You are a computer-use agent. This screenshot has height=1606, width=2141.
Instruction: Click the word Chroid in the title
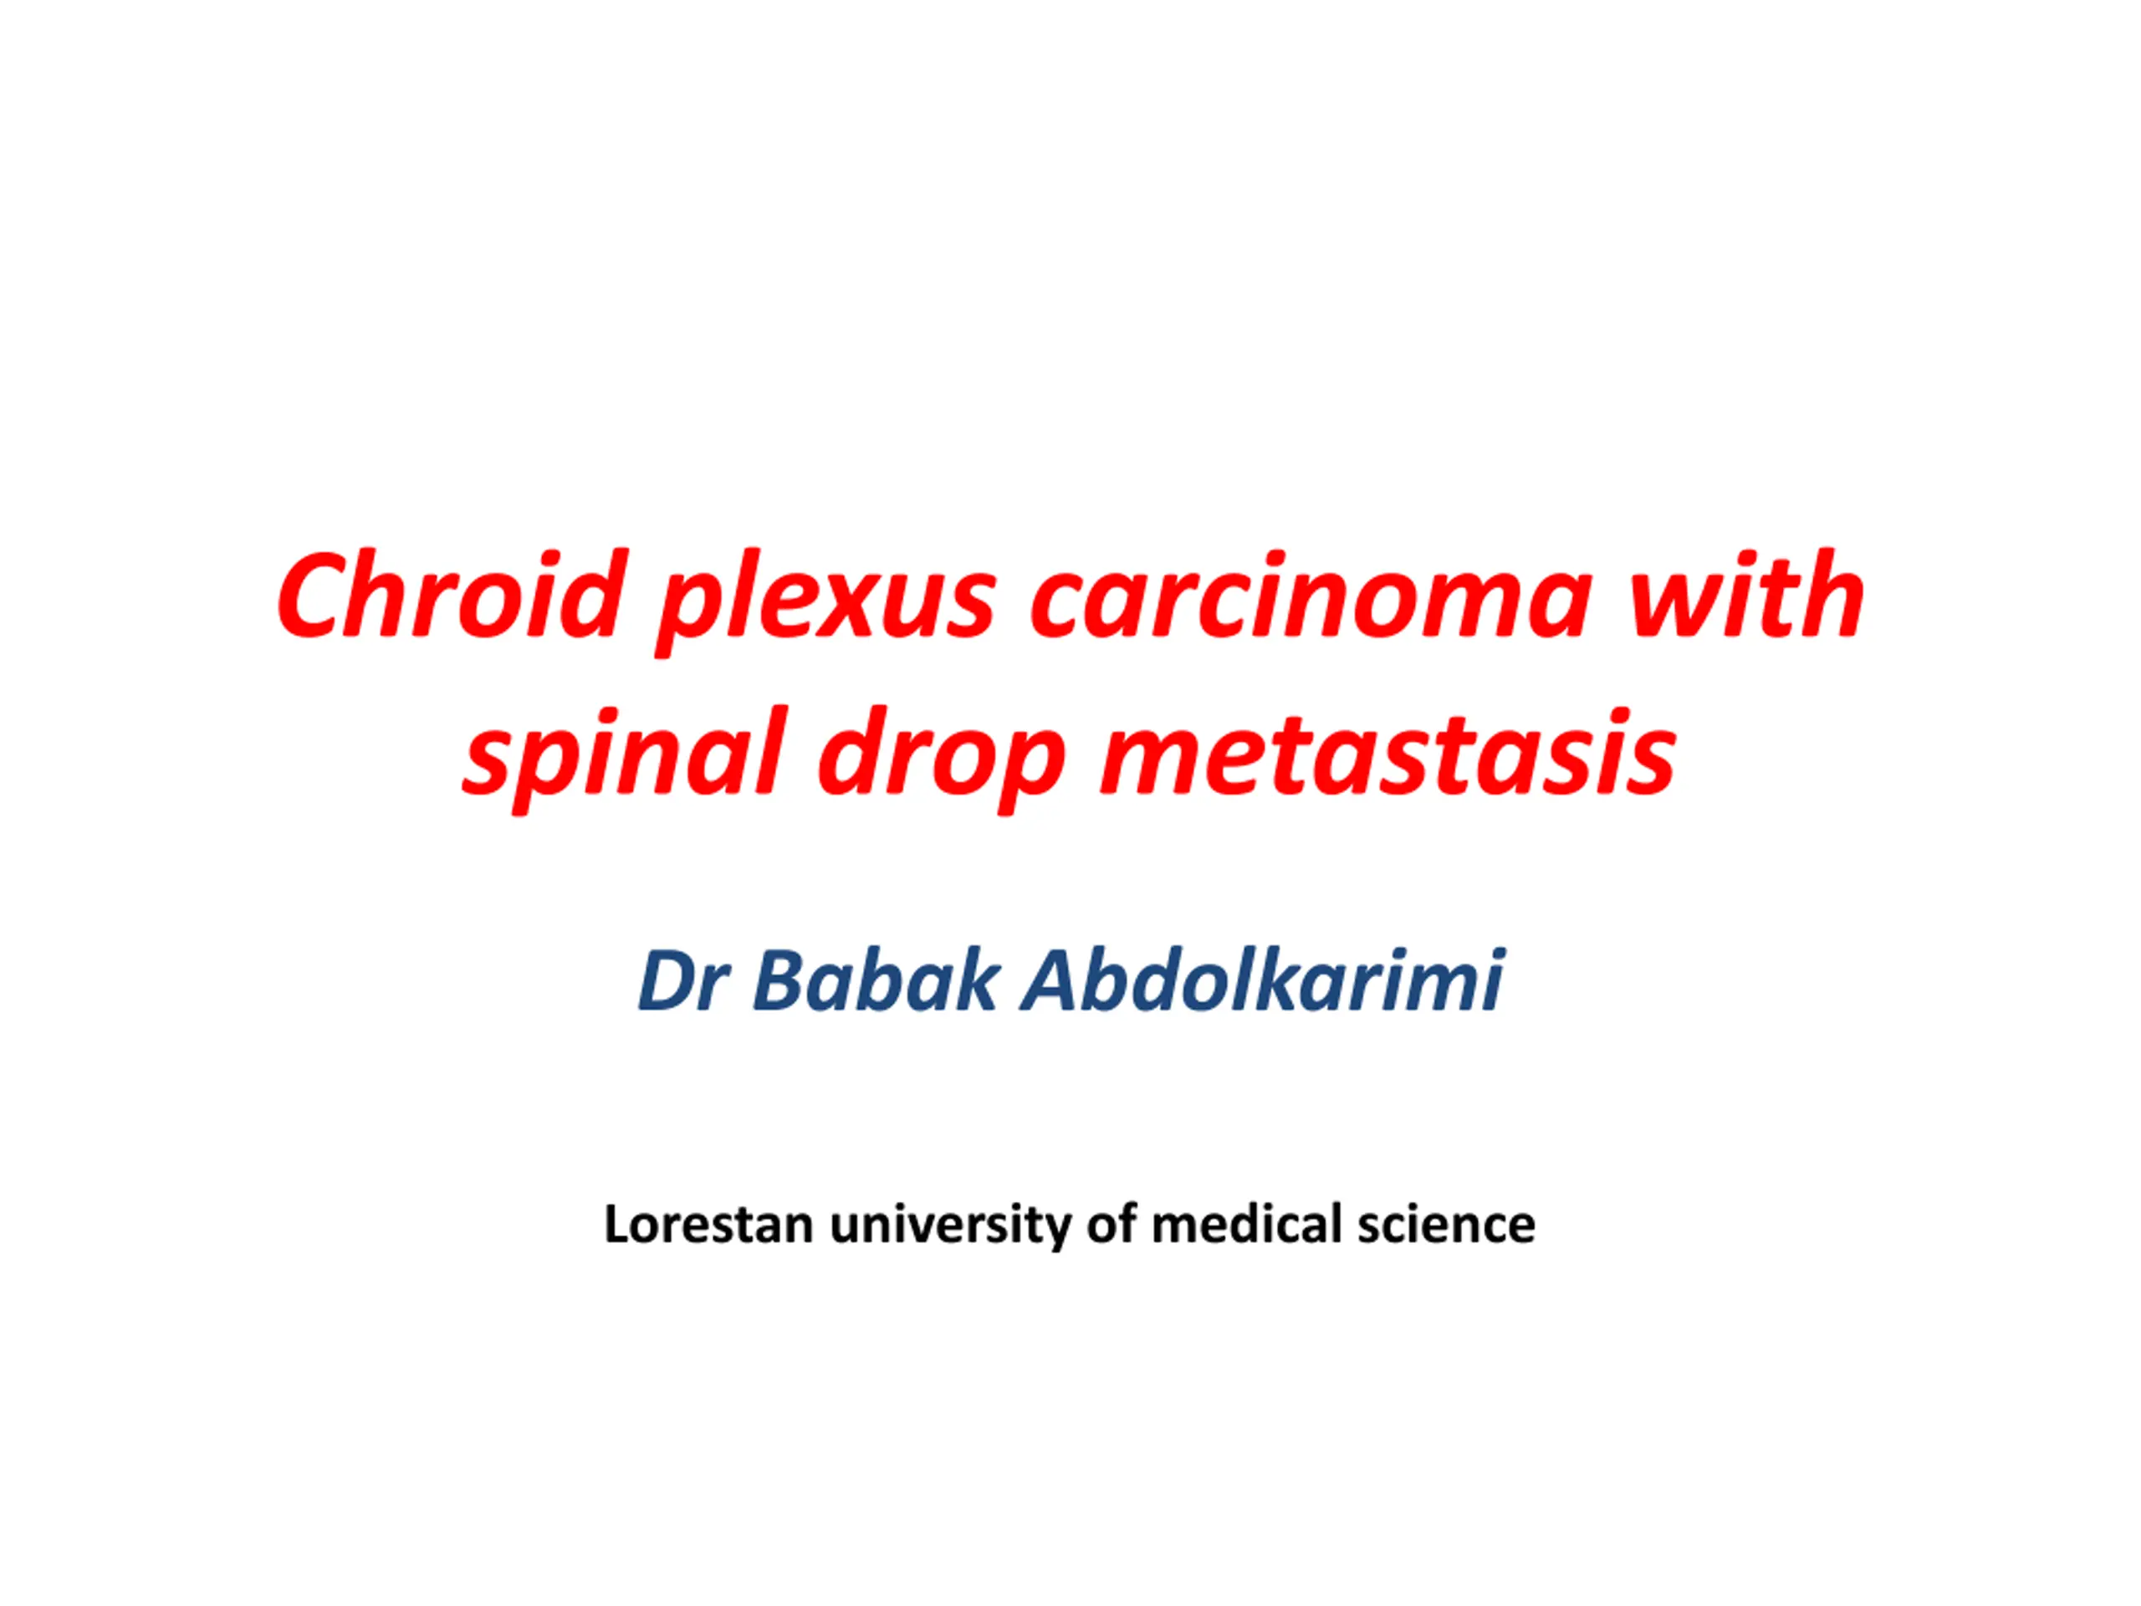click(448, 593)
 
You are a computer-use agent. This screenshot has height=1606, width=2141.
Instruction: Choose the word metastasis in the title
click(1387, 752)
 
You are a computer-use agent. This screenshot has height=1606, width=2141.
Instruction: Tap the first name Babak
click(875, 980)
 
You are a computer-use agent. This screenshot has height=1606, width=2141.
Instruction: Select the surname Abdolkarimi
click(1263, 980)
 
